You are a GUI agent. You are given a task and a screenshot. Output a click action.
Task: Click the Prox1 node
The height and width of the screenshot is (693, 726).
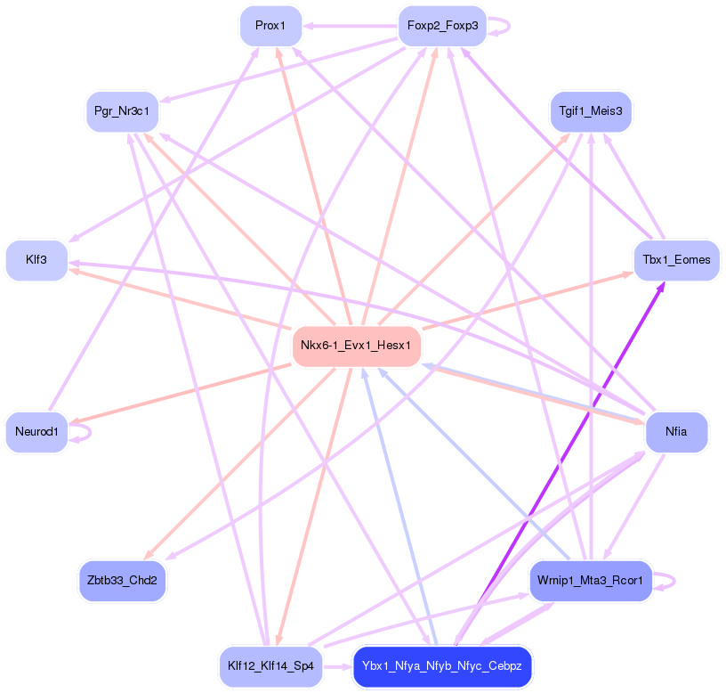[270, 26]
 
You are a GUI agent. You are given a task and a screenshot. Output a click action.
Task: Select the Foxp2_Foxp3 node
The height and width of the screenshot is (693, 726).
[442, 26]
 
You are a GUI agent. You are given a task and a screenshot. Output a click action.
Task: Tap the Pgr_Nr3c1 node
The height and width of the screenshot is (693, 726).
[122, 111]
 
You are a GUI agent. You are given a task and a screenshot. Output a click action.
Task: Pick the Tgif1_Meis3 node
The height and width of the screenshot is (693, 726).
[591, 111]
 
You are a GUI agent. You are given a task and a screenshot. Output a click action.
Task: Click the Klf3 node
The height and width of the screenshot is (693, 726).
[36, 260]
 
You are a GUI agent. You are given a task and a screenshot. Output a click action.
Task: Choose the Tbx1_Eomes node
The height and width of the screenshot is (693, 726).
[676, 260]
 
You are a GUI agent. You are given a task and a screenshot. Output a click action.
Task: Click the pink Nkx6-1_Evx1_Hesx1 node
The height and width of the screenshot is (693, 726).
[356, 346]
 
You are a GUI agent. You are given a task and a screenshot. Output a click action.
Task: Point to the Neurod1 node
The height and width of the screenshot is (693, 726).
[36, 432]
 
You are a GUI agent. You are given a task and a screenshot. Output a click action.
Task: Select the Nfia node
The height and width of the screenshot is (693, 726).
[676, 432]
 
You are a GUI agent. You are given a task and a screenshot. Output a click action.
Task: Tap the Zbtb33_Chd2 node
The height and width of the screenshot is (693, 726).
[122, 581]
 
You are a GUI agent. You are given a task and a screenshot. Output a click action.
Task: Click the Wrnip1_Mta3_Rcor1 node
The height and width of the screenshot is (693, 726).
[591, 581]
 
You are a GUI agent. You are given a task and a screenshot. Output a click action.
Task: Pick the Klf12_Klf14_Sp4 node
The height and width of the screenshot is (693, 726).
[270, 666]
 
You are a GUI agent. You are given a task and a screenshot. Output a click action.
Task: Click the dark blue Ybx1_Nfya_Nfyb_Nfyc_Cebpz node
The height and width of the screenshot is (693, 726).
[442, 666]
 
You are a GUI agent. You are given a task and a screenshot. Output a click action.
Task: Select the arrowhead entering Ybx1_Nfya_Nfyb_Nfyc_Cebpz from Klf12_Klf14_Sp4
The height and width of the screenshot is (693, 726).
[346, 666]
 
